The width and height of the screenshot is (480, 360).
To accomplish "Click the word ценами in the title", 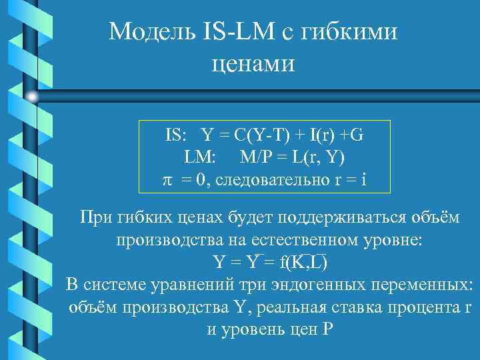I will tap(252, 65).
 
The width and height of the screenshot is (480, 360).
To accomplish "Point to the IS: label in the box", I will tap(178, 135).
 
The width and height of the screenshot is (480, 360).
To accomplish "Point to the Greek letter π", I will tap(168, 179).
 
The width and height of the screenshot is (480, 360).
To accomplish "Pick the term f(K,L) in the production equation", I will tap(304, 262).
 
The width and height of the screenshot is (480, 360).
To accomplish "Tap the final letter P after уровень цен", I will tap(326, 329).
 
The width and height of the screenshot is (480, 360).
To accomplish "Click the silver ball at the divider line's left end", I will tap(33, 97).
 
